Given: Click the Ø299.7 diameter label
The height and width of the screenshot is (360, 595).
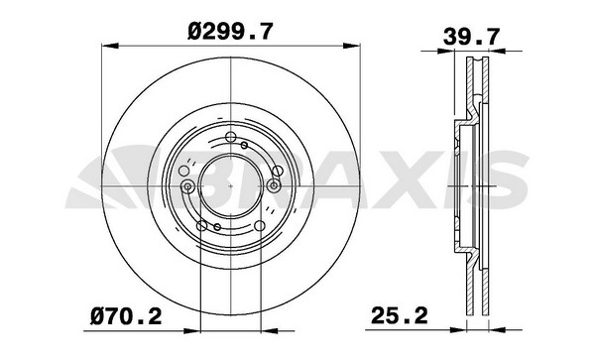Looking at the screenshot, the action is coord(230,32).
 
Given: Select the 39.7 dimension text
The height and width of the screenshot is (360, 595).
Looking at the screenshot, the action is coord(472,37).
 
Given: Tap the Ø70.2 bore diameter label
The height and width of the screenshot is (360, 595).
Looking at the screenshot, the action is coord(126,316).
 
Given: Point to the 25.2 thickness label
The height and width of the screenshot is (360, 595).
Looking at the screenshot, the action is coord(400,315).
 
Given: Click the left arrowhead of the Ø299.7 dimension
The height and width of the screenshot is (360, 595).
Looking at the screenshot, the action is coord(110,46).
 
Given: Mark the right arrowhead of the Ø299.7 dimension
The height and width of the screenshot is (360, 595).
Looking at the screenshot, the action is coord(352,46).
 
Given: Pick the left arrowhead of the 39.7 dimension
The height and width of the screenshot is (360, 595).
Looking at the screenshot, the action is coord(446,51).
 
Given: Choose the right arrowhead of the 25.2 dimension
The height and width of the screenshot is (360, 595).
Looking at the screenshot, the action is coord(498,330).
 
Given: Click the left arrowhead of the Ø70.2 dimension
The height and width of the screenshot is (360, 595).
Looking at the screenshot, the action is coord(191,331).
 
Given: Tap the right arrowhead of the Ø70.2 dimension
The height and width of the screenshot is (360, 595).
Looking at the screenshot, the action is coord(270,331).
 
